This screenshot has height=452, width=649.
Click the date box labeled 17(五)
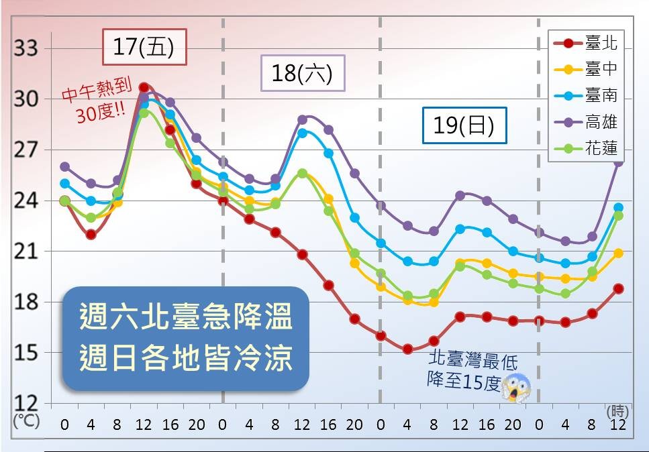click(144, 48)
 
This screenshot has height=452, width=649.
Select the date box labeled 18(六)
click(302, 72)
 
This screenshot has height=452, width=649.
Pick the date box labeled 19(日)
click(464, 125)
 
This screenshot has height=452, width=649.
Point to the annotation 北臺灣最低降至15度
click(472, 371)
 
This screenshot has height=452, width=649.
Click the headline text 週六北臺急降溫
click(186, 318)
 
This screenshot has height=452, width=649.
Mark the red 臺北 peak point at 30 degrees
click(144, 87)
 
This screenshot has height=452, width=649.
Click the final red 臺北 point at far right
click(619, 288)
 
